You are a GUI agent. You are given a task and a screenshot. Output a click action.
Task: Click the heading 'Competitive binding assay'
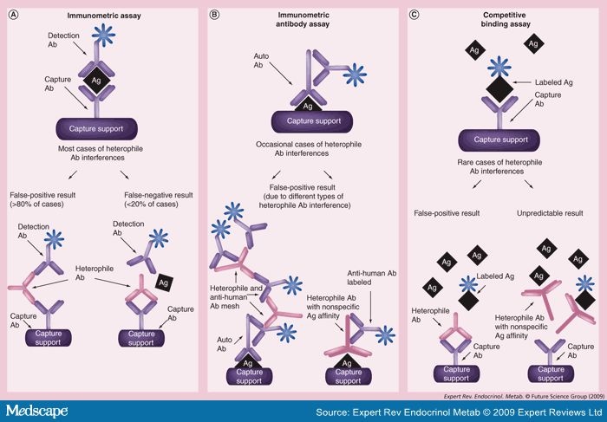pos(506,21)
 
